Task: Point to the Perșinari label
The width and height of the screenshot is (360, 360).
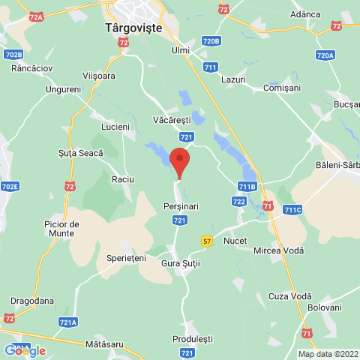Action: [180, 205]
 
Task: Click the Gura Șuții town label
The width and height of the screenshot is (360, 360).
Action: [181, 264]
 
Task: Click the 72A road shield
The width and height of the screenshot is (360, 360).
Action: [35, 15]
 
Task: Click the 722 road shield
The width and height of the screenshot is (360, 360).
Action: [239, 201]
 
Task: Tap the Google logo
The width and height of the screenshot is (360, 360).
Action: [25, 350]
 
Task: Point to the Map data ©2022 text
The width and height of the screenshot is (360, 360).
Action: [328, 354]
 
